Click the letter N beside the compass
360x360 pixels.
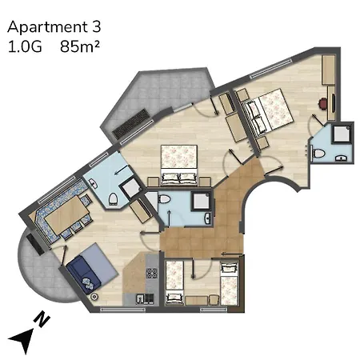(45, 320)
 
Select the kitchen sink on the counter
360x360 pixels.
(144, 299)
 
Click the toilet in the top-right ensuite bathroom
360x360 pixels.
(318, 152)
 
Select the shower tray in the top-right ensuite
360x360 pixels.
(342, 132)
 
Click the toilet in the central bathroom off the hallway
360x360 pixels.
(165, 200)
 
